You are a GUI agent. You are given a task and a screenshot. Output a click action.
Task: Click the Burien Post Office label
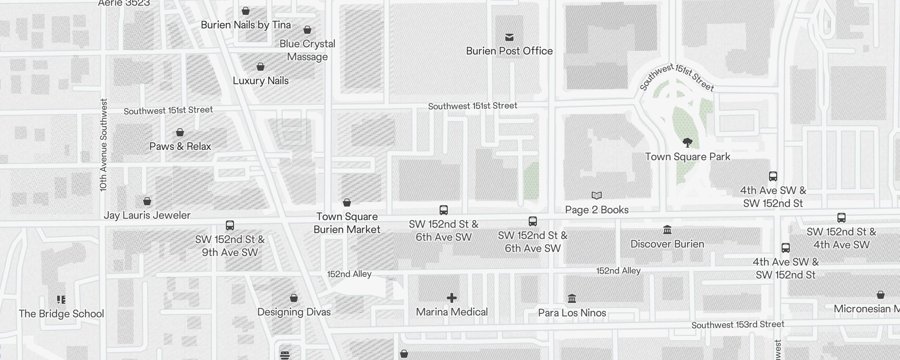tap(509, 51)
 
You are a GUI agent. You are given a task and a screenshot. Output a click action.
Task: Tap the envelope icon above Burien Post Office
tap(509, 37)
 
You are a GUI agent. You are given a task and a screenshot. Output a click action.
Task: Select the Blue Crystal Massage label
tap(307, 50)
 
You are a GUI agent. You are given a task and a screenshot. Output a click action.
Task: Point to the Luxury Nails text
tap(261, 81)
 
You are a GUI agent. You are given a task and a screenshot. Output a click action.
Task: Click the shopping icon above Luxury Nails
tap(261, 67)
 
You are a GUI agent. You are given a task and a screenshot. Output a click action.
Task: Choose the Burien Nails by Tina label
tap(246, 25)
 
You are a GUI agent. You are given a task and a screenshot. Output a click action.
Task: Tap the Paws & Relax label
tap(180, 146)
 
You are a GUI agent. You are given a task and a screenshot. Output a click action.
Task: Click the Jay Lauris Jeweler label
tap(147, 215)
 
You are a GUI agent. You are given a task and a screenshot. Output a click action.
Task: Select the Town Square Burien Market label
tap(347, 223)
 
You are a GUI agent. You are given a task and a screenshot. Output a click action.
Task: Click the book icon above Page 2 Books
tap(597, 195)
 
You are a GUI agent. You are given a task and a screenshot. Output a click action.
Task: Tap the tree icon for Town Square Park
tap(687, 143)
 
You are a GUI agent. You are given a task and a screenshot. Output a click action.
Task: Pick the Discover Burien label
tap(667, 244)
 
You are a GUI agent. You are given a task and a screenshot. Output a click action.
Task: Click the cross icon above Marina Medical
tap(452, 298)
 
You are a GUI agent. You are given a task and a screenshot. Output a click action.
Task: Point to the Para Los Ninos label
tap(572, 313)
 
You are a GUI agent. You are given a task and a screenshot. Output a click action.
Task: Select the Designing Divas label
tap(294, 312)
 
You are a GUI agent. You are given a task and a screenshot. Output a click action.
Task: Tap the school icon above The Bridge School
tap(61, 300)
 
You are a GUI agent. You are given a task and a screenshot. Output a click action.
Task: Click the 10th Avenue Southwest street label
tap(104, 145)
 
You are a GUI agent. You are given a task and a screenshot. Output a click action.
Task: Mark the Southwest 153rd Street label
tap(738, 324)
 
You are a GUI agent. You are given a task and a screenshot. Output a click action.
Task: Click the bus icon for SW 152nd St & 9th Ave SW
tap(230, 225)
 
